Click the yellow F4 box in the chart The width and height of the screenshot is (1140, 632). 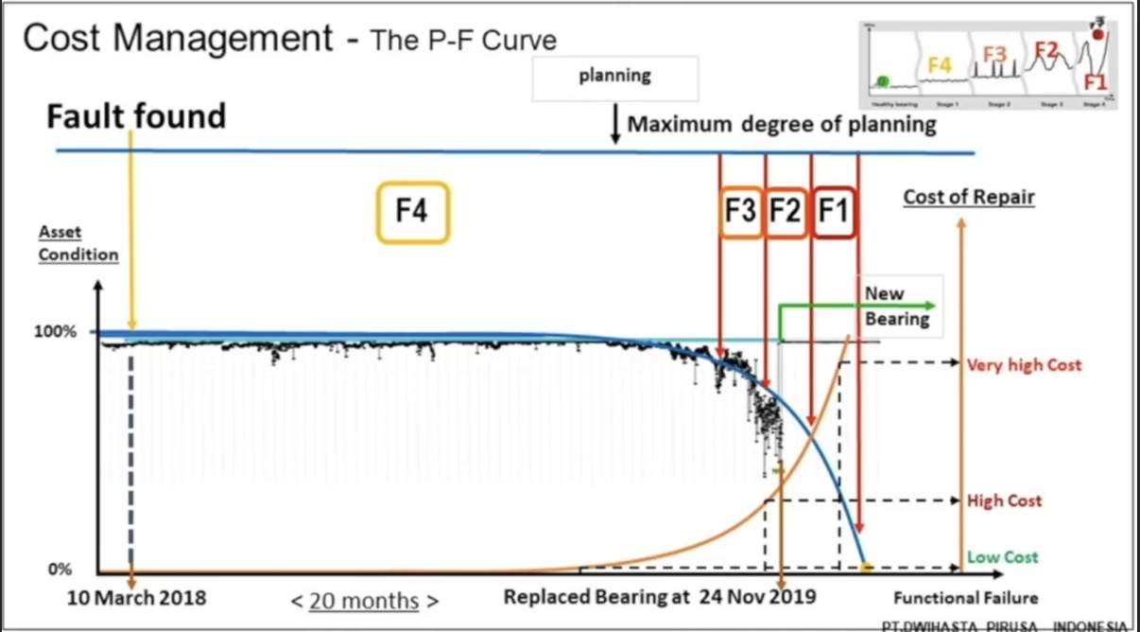click(x=412, y=212)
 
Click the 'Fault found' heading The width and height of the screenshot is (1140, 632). click(x=137, y=115)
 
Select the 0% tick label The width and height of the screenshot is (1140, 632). click(x=60, y=571)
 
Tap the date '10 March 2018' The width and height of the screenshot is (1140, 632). click(x=137, y=598)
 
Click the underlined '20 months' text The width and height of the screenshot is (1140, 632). click(x=364, y=600)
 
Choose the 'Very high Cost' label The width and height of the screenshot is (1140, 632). click(x=1024, y=364)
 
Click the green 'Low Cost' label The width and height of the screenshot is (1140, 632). click(x=1002, y=557)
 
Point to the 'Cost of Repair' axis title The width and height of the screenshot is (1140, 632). click(x=969, y=198)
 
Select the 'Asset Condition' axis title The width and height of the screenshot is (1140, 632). click(x=78, y=243)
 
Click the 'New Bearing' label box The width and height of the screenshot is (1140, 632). click(x=898, y=306)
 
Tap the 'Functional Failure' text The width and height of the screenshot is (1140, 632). click(x=965, y=598)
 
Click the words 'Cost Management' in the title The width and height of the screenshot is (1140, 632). click(x=178, y=40)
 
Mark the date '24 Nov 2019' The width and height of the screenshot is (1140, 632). click(x=758, y=598)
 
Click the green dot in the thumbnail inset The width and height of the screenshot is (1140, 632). click(x=883, y=81)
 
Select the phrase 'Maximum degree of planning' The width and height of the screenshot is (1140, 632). click(x=782, y=124)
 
